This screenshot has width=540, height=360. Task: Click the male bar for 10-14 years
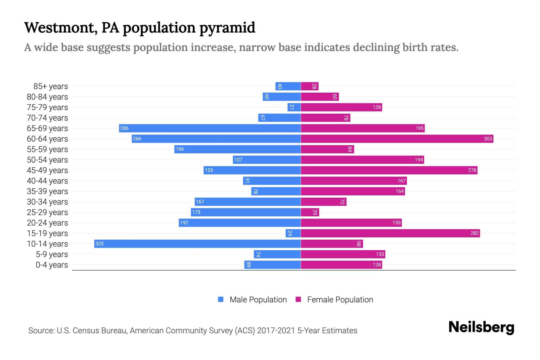pyautogui.click(x=197, y=244)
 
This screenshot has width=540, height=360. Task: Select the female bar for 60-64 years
pyautogui.click(x=397, y=139)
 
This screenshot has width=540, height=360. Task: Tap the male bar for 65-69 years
pyautogui.click(x=210, y=128)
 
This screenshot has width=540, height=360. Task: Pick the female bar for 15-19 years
pyautogui.click(x=390, y=233)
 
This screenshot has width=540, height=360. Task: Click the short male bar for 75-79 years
pyautogui.click(x=294, y=107)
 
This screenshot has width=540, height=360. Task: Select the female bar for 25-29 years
pyautogui.click(x=310, y=212)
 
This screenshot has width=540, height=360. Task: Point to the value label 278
pyautogui.click(x=472, y=170)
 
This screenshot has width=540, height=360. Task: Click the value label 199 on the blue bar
pyautogui.click(x=180, y=149)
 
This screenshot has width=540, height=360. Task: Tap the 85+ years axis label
pyautogui.click(x=50, y=86)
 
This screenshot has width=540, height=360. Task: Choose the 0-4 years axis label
pyautogui.click(x=52, y=265)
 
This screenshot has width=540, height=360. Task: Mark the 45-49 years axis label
pyautogui.click(x=47, y=170)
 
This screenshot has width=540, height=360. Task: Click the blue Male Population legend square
pyautogui.click(x=221, y=299)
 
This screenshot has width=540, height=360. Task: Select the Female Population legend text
pyautogui.click(x=340, y=300)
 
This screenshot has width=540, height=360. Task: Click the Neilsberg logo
pyautogui.click(x=481, y=327)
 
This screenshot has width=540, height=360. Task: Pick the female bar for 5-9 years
pyautogui.click(x=343, y=254)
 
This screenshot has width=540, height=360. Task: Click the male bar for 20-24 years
pyautogui.click(x=240, y=223)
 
